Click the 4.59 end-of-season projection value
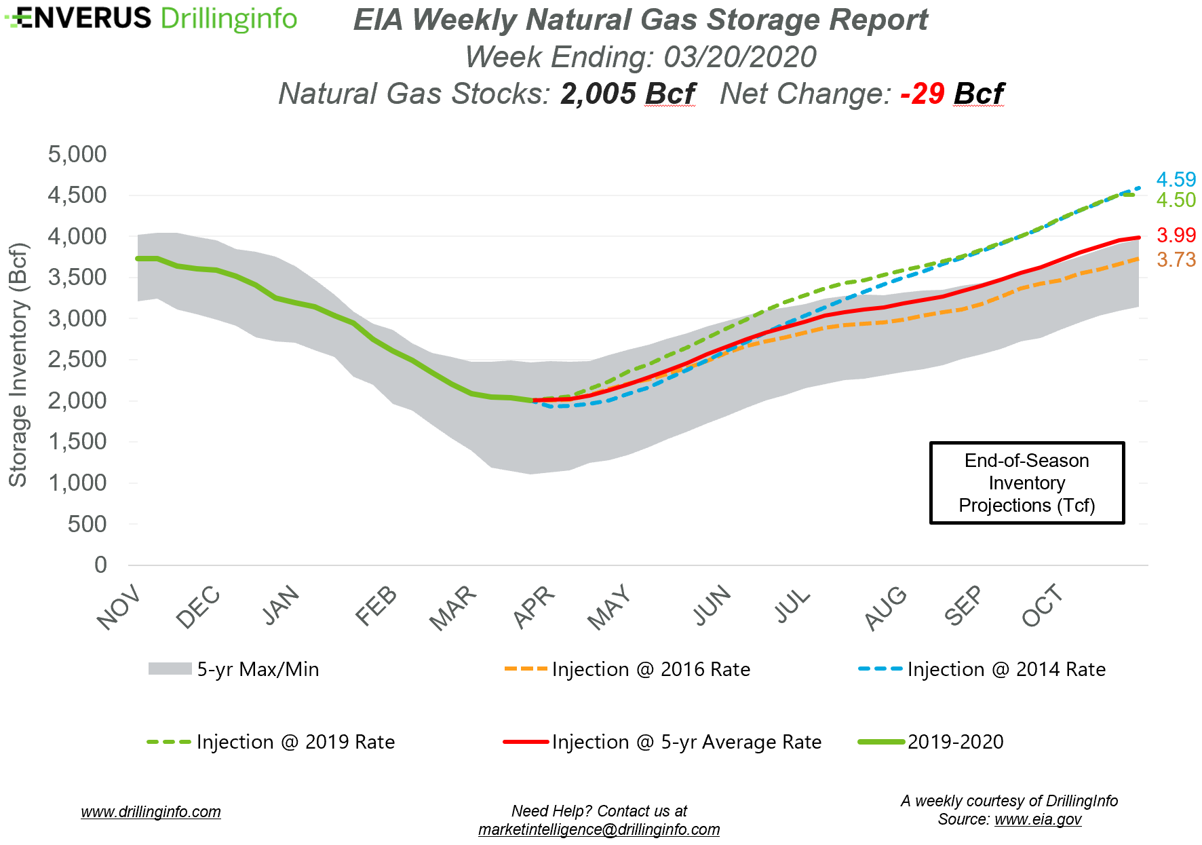(x=1176, y=180)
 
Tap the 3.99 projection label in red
(x=1176, y=236)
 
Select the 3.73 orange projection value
(x=1176, y=260)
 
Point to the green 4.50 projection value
(x=1176, y=200)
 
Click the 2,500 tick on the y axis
(x=77, y=360)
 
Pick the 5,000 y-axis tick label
(x=77, y=155)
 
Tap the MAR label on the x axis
(x=453, y=607)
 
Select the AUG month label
(x=885, y=607)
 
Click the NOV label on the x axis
(x=119, y=607)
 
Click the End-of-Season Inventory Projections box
(x=1026, y=483)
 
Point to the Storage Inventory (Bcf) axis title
(x=18, y=364)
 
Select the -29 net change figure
(x=923, y=94)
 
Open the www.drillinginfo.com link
(x=151, y=812)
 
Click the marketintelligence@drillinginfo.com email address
(x=599, y=829)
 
